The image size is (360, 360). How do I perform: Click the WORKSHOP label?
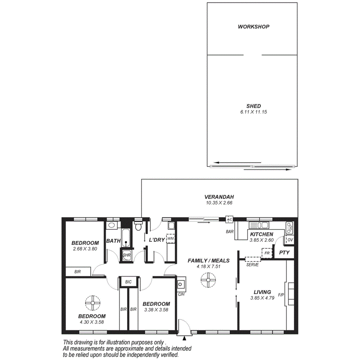click(x=253, y=27)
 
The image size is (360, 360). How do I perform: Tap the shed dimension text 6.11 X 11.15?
click(x=253, y=112)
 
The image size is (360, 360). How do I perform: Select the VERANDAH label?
click(x=219, y=197)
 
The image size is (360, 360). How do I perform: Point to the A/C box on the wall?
click(x=229, y=220)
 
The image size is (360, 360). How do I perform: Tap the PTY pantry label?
click(x=284, y=253)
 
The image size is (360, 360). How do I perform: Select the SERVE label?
click(x=252, y=265)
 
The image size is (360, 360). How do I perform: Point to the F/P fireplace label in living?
click(x=281, y=295)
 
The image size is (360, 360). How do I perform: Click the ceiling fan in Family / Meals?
click(x=208, y=280)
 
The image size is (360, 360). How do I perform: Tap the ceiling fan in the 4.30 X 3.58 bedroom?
click(x=93, y=303)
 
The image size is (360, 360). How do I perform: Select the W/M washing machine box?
click(x=170, y=239)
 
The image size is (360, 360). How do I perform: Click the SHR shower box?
click(x=126, y=255)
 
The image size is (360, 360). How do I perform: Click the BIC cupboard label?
click(x=128, y=282)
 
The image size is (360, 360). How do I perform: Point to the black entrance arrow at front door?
click(x=184, y=338)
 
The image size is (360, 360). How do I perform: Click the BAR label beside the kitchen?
click(x=230, y=232)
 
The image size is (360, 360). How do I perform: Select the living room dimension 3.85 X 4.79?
click(x=262, y=298)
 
